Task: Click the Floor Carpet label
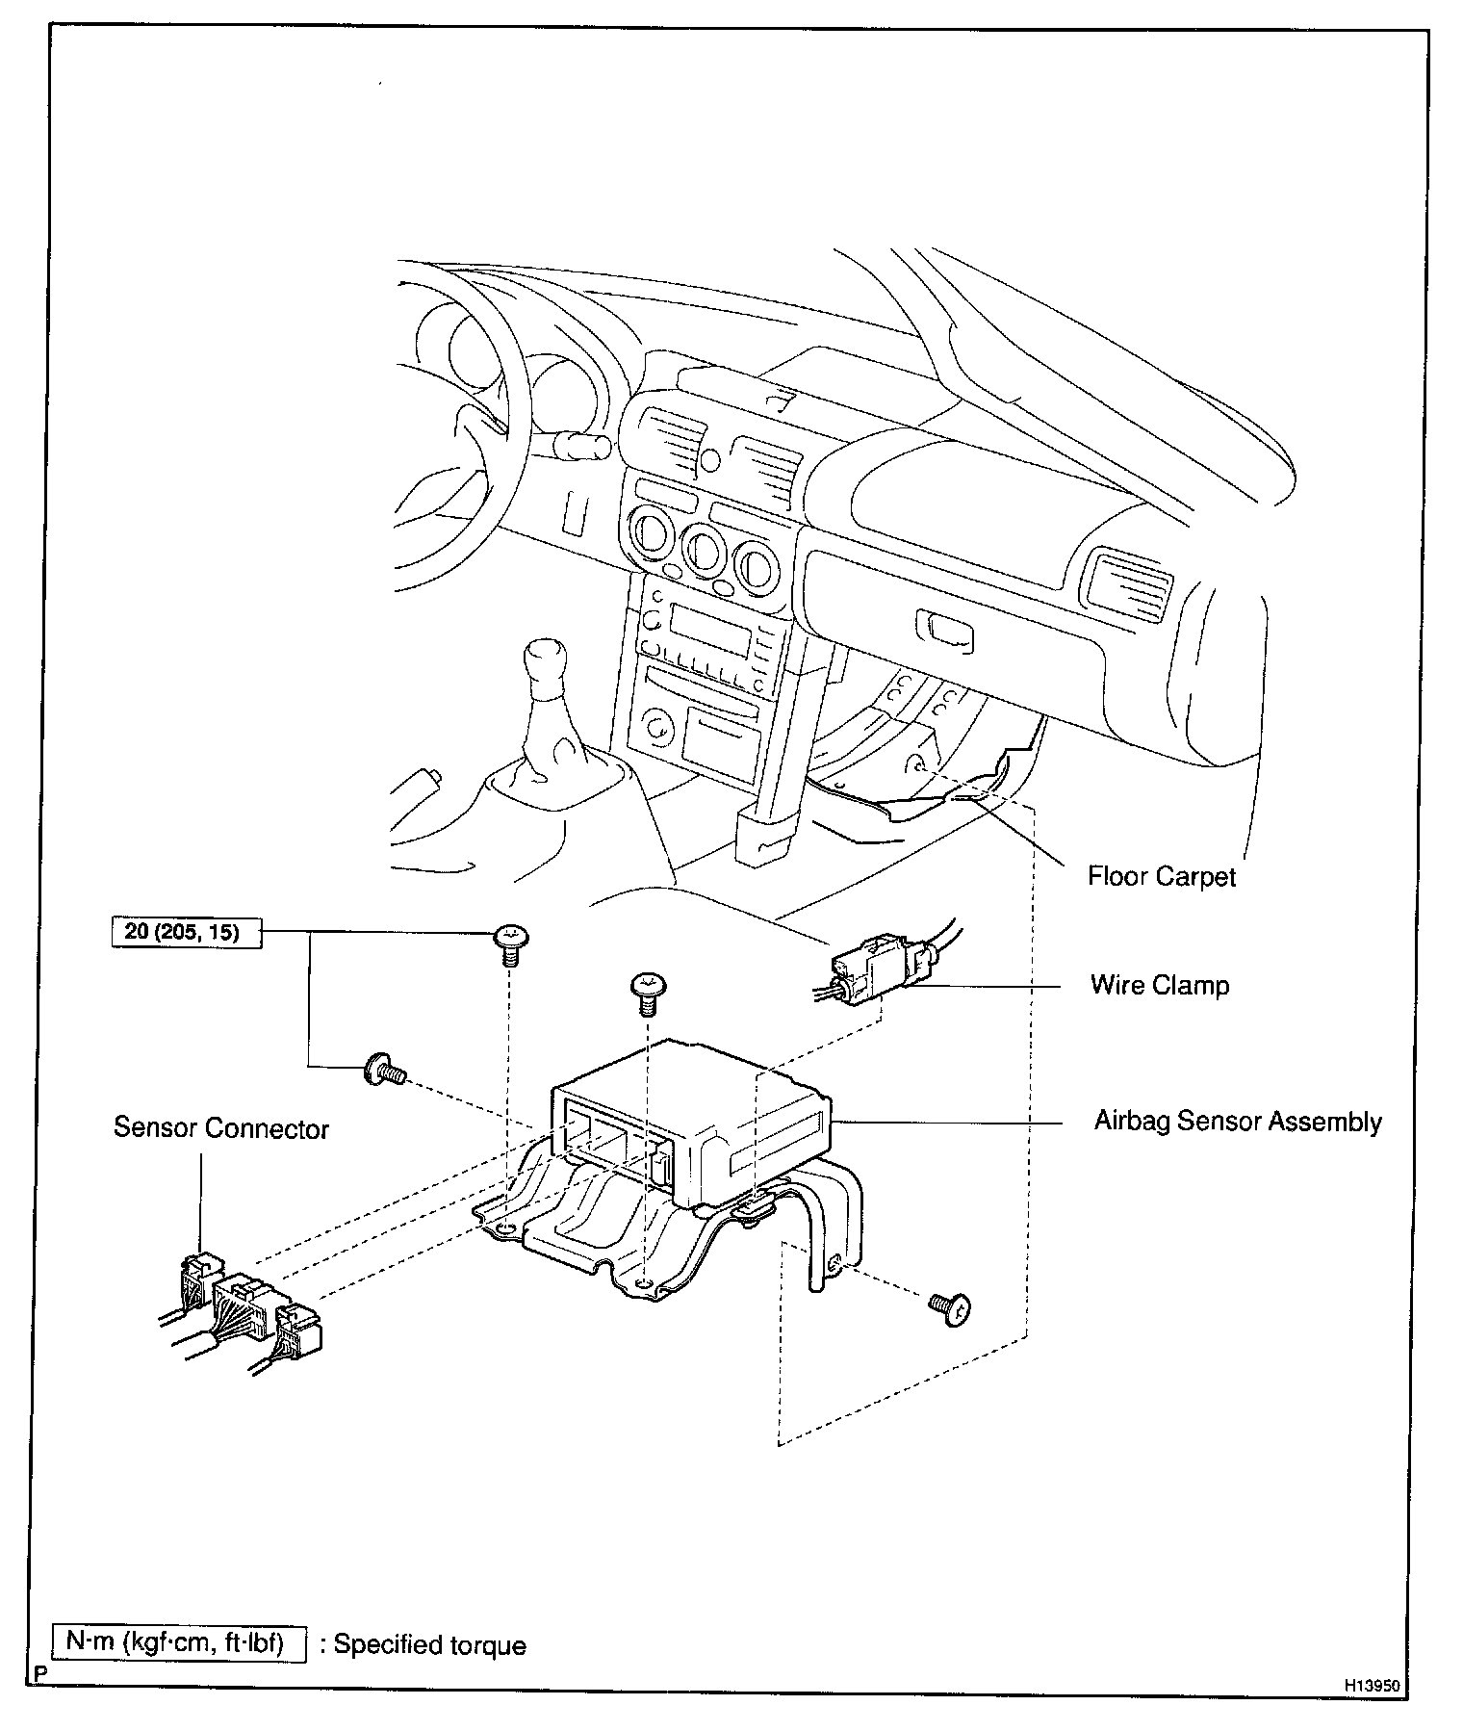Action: coord(1161,876)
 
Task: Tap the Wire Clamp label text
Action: coord(1159,985)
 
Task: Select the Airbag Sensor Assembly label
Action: coord(1237,1122)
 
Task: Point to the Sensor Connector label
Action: coord(220,1128)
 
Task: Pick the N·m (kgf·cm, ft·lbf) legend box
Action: coord(179,1643)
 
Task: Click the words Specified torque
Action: coord(430,1644)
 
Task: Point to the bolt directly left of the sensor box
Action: coord(383,1070)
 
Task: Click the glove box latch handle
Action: coord(946,632)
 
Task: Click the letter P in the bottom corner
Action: coord(39,1674)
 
